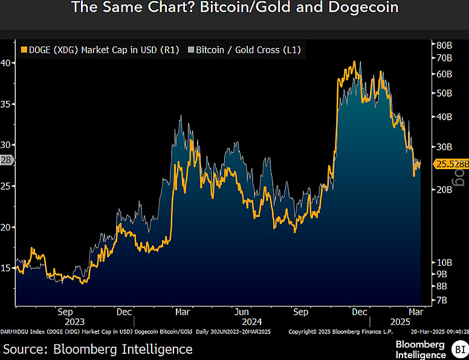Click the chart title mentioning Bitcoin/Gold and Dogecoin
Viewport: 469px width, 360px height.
tap(234, 8)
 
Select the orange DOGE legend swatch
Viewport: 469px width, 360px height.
tap(25, 50)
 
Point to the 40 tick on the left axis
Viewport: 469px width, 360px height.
tap(7, 63)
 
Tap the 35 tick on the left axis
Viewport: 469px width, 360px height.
tap(7, 104)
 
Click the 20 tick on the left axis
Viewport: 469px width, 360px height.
tap(7, 227)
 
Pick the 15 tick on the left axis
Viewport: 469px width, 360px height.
tap(7, 268)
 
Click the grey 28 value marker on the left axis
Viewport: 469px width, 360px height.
tap(7, 160)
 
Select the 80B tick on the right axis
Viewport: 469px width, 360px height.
tap(444, 45)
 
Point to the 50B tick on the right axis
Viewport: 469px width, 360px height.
tap(444, 93)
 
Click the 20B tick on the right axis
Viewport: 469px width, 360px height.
tap(444, 190)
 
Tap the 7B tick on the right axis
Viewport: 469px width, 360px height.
tap(442, 300)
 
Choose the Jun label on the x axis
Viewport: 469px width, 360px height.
tap(241, 312)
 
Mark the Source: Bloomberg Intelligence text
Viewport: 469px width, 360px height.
tap(98, 349)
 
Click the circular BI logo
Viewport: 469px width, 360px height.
tap(459, 349)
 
